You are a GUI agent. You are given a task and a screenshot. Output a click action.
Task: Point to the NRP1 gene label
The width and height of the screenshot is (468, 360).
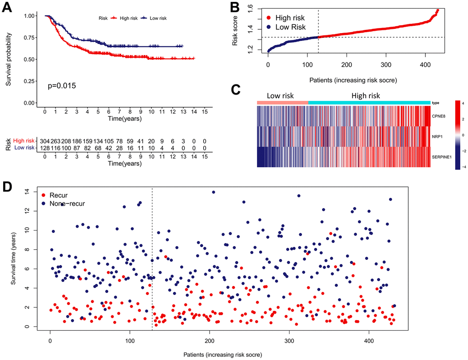tap(436, 136)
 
